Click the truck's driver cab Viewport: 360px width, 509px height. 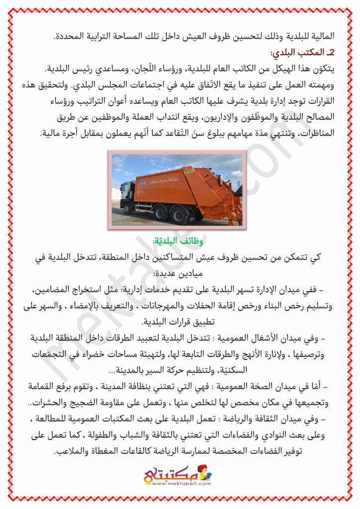coord(126,193)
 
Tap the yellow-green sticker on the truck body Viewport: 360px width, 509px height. coord(143,183)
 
